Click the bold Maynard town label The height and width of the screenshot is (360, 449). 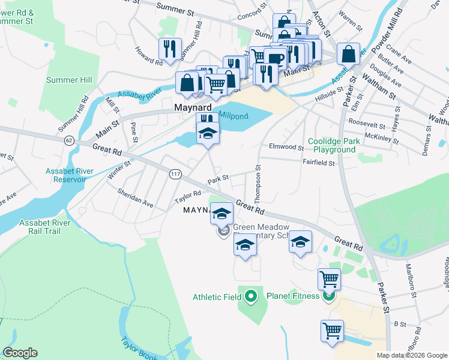click(x=191, y=107)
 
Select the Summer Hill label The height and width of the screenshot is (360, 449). click(x=70, y=80)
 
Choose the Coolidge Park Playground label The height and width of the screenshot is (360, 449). click(x=331, y=145)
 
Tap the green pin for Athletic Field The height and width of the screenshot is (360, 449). click(x=251, y=296)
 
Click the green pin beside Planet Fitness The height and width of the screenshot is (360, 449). click(x=328, y=296)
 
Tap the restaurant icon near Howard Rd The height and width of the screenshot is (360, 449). click(x=169, y=49)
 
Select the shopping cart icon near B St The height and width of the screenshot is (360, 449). click(x=333, y=330)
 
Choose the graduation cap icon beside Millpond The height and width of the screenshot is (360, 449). click(x=208, y=133)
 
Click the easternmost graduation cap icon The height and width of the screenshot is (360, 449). click(x=301, y=241)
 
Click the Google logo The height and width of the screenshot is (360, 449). click(x=20, y=353)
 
